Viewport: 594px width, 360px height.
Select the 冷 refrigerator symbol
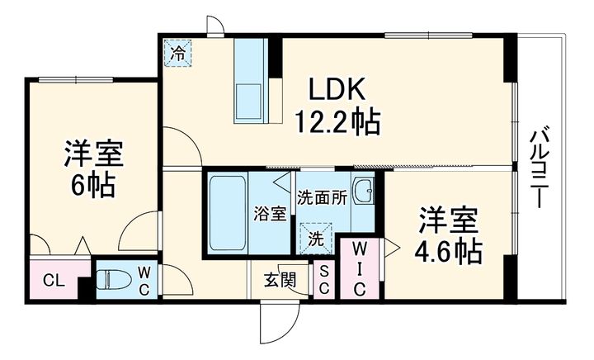177,52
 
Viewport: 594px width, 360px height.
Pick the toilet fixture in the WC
115,278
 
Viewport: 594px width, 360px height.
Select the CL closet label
54,280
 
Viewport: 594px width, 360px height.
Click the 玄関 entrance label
280,280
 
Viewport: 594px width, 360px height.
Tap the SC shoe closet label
325,278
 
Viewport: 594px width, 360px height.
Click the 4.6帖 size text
449,252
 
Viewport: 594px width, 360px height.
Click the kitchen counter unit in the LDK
250,81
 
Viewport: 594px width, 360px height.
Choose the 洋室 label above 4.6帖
449,220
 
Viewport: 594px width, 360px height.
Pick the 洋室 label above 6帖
93,154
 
